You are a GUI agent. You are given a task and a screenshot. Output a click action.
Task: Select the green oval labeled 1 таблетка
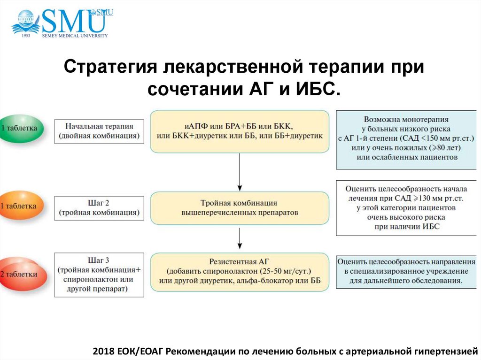click(x=21, y=128)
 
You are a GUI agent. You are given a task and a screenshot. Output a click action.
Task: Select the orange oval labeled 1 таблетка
click(x=21, y=206)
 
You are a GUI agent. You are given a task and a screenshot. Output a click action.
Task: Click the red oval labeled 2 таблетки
click(x=22, y=275)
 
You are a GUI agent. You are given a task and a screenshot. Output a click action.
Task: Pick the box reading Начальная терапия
click(x=99, y=131)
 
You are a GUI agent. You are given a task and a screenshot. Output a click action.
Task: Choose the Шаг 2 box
click(x=99, y=208)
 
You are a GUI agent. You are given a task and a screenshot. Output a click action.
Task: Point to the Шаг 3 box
click(x=99, y=275)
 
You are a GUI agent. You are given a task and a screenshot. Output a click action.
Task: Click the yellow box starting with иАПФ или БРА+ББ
click(x=240, y=131)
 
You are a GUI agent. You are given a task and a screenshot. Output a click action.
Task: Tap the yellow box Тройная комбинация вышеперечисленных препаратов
click(x=240, y=208)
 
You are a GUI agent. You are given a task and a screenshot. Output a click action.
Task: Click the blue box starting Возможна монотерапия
click(x=406, y=139)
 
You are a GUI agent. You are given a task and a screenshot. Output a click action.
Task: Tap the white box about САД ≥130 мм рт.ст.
click(x=406, y=208)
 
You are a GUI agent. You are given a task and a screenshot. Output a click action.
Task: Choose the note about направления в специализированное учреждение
click(x=406, y=271)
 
